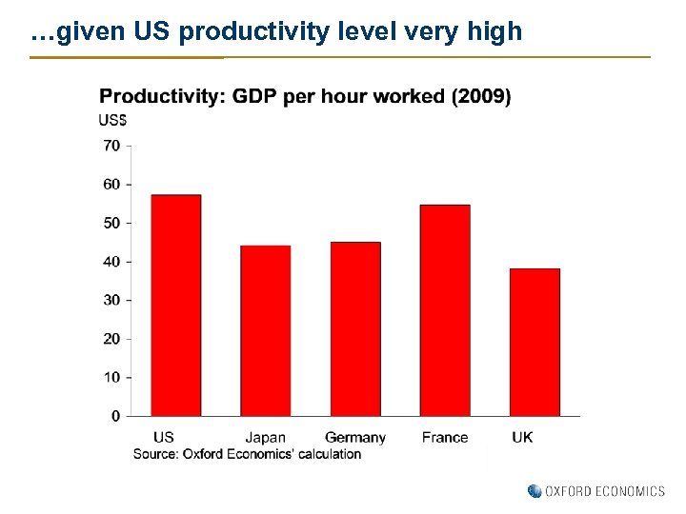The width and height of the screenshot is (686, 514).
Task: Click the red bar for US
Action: pyautogui.click(x=176, y=306)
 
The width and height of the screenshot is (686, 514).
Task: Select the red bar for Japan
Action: pyautogui.click(x=265, y=330)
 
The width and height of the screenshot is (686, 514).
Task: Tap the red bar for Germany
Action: pyautogui.click(x=355, y=328)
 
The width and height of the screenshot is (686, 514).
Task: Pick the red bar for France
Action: pyautogui.click(x=445, y=310)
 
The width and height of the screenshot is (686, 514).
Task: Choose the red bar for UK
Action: pyautogui.click(x=535, y=342)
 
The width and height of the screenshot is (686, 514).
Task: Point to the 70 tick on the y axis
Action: pyautogui.click(x=111, y=146)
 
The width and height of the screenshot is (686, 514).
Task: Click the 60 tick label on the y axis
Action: pyautogui.click(x=111, y=184)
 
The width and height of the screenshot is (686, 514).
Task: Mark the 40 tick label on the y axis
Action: pyautogui.click(x=111, y=262)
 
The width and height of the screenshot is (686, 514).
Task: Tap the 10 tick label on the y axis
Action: pyautogui.click(x=111, y=378)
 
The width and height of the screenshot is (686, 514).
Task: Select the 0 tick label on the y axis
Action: pyautogui.click(x=115, y=416)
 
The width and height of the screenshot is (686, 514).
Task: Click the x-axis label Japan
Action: pyautogui.click(x=265, y=438)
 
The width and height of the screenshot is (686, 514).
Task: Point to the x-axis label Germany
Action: pyautogui.click(x=355, y=438)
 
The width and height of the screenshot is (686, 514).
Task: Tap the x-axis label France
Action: pyautogui.click(x=445, y=438)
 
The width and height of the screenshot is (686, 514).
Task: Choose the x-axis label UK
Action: pyautogui.click(x=522, y=438)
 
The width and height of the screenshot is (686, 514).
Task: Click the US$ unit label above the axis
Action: pyautogui.click(x=113, y=120)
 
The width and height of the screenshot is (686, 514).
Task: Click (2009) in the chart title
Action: pyautogui.click(x=480, y=97)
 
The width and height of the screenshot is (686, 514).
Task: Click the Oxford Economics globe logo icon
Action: pyautogui.click(x=535, y=491)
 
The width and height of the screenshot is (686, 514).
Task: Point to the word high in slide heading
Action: pyautogui.click(x=495, y=32)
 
